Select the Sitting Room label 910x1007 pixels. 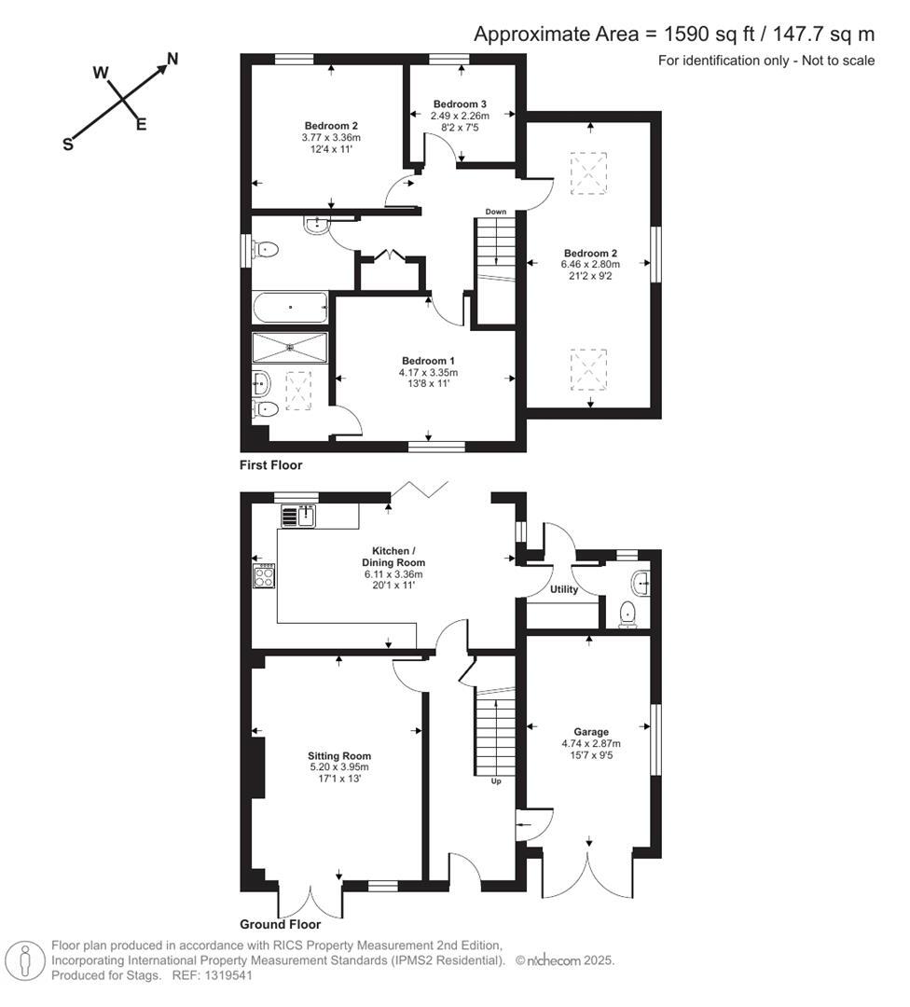click(x=339, y=756)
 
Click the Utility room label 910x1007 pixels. click(x=564, y=589)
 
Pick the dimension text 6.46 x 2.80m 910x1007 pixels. click(x=589, y=264)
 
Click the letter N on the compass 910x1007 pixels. click(x=172, y=60)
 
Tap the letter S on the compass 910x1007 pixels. click(x=67, y=145)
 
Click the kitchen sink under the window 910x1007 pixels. click(x=300, y=515)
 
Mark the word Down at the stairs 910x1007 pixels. click(x=495, y=212)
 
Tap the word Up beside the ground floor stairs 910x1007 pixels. click(x=495, y=781)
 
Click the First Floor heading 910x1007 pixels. click(x=270, y=464)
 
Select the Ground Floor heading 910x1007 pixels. click(x=280, y=925)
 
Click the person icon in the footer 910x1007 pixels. click(x=26, y=960)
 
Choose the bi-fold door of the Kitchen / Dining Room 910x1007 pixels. click(x=420, y=491)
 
